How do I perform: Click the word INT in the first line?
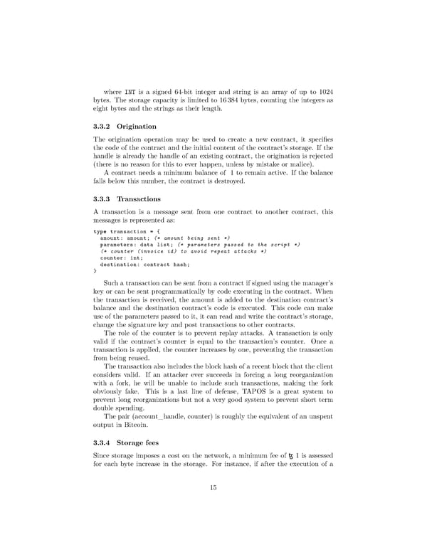[x=130, y=92]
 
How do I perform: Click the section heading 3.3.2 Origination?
[x=125, y=126]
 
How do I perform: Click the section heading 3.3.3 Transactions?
[x=127, y=199]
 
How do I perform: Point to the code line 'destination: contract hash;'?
[x=145, y=264]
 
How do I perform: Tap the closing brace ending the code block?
[x=95, y=270]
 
